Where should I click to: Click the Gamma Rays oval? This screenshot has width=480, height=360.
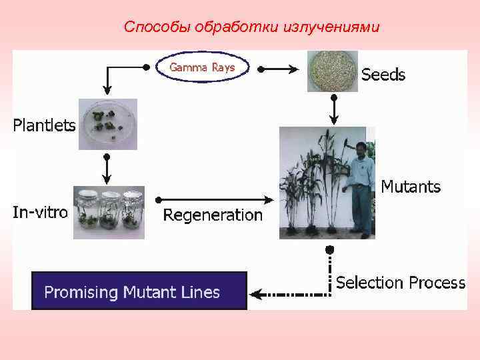pyautogui.click(x=202, y=68)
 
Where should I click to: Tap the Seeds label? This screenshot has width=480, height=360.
pyautogui.click(x=383, y=75)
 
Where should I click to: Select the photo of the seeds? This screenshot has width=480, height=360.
pyautogui.click(x=332, y=71)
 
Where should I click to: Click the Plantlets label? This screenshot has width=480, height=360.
pyautogui.click(x=45, y=125)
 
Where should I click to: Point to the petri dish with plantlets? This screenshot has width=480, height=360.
pyautogui.click(x=107, y=123)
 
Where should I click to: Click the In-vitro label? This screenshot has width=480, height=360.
pyautogui.click(x=41, y=213)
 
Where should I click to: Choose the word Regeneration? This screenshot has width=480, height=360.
pyautogui.click(x=213, y=215)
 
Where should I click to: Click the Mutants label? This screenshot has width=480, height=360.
pyautogui.click(x=411, y=187)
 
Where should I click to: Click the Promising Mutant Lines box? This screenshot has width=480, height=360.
pyautogui.click(x=139, y=291)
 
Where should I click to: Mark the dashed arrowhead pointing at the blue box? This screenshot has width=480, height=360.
pyautogui.click(x=255, y=292)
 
